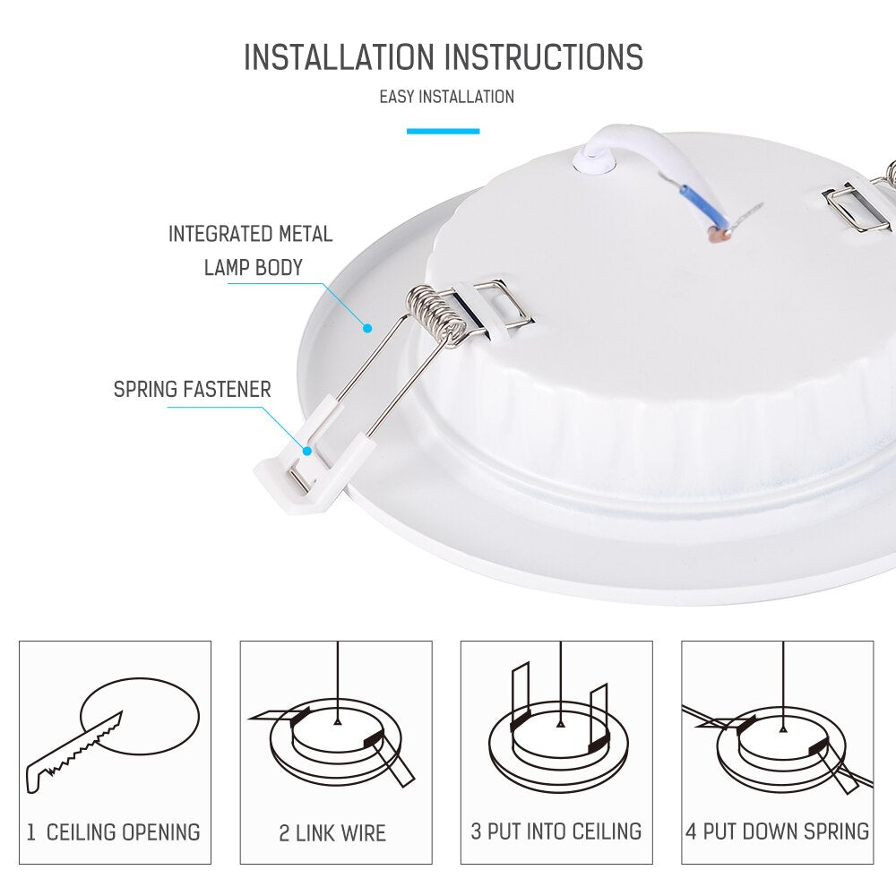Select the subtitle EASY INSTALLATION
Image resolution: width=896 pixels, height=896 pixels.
446,97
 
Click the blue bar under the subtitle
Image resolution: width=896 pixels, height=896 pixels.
443,132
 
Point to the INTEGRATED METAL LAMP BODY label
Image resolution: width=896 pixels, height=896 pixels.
251,251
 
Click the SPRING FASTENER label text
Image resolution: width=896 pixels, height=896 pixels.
192,390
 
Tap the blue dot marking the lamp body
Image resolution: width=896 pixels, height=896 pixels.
367,328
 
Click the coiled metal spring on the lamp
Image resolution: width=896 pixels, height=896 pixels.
436,314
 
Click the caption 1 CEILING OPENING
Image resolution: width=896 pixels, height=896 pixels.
114,832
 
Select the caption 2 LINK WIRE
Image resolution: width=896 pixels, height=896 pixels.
332,833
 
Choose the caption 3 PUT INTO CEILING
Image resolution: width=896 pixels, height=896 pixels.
556,831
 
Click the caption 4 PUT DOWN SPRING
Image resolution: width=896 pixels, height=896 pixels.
777,831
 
